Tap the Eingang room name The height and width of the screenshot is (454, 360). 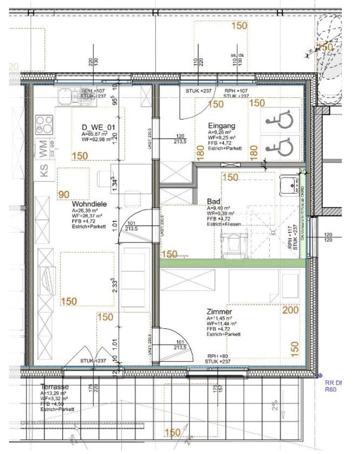(x=221, y=126)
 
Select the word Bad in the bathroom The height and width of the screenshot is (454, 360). (x=213, y=202)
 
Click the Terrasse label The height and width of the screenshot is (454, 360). (x=55, y=387)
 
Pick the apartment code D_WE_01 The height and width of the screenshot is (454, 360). (x=98, y=128)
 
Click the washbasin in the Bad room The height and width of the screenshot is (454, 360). (x=288, y=184)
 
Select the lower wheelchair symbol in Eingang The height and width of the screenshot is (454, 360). (x=279, y=147)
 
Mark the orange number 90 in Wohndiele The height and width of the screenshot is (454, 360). (x=64, y=194)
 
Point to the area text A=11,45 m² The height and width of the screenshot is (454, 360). (x=219, y=318)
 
